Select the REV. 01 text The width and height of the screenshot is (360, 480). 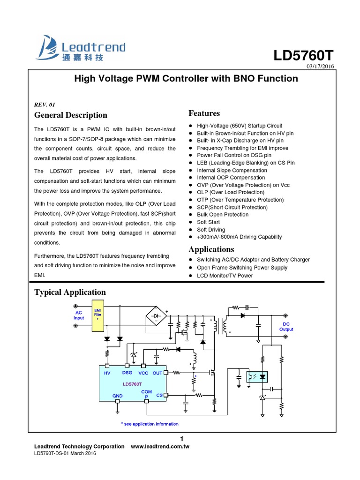coord(45,105)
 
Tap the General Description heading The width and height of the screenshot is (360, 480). coord(71,115)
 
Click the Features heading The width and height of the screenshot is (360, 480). coord(204,113)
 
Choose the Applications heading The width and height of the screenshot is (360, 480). coord(211,249)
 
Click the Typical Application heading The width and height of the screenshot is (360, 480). coord(70,292)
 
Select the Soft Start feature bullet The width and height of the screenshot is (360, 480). coord(208,222)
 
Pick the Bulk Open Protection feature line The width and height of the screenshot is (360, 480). coord(223,215)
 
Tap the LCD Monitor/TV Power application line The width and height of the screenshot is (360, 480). coord(225,276)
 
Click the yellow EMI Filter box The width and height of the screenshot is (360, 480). coord(98,315)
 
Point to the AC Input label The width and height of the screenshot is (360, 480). coord(79,315)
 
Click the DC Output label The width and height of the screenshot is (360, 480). coord(286,327)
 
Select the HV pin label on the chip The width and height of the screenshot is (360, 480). coord(107,373)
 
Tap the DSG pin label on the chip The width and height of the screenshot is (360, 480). coord(127,373)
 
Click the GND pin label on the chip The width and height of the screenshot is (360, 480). coord(117,396)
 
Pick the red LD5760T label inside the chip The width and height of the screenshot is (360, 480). coord(132,384)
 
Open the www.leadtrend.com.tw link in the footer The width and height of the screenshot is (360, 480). coord(160,447)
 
